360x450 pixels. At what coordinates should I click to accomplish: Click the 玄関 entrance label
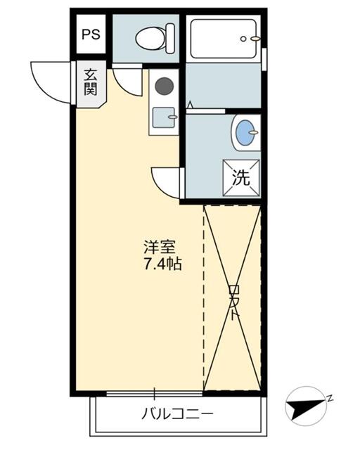pyautogui.click(x=91, y=82)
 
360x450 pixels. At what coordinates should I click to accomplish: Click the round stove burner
pyautogui.click(x=164, y=86)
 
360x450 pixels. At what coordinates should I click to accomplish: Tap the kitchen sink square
pyautogui.click(x=164, y=118)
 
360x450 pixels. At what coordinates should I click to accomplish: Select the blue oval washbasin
pyautogui.click(x=245, y=132)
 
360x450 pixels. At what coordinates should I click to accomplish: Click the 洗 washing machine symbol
pyautogui.click(x=241, y=176)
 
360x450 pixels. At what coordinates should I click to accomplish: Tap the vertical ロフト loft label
pyautogui.click(x=234, y=301)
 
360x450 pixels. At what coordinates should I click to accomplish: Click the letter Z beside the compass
pyautogui.click(x=329, y=398)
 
